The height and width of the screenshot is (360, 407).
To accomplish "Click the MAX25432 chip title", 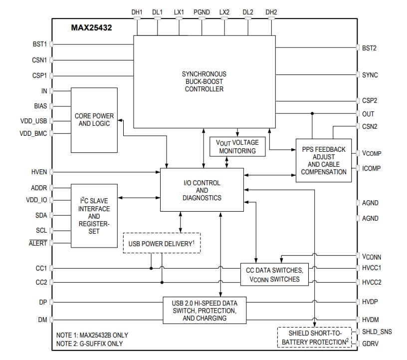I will [91, 28].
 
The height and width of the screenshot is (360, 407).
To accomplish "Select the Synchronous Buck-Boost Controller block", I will [204, 81].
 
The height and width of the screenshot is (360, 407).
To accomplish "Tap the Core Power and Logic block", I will [94, 120].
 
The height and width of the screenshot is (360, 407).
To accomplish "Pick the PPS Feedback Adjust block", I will [324, 160].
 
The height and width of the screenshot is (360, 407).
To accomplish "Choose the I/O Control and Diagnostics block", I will [202, 190].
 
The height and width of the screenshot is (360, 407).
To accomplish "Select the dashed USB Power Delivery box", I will [162, 243].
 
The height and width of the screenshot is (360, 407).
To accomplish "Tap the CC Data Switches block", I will [274, 274].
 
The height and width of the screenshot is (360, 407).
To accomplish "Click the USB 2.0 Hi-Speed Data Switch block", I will [204, 310].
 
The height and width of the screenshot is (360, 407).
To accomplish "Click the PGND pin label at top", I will [202, 11].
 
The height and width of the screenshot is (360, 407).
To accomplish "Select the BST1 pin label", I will [39, 44].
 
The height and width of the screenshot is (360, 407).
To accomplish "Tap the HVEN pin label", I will [39, 172].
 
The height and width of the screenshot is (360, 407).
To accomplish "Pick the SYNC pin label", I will [370, 75].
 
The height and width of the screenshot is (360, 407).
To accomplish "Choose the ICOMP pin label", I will [371, 168].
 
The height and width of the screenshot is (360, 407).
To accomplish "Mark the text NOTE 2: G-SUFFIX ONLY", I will [89, 344].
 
